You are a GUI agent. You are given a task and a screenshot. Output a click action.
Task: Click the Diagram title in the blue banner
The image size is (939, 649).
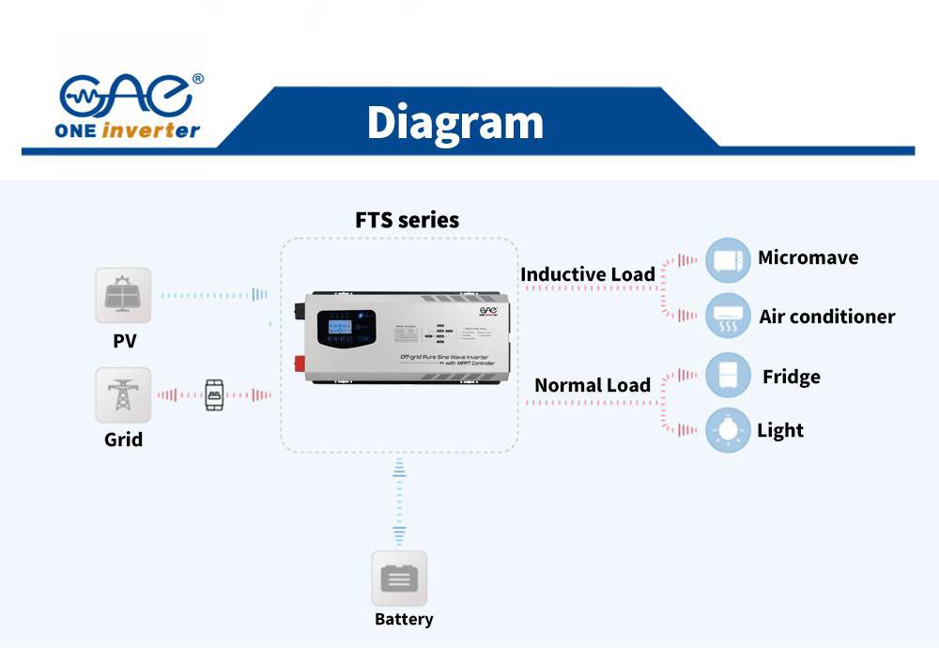(x=454, y=123)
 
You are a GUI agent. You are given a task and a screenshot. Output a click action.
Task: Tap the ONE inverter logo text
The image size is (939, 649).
(x=130, y=131)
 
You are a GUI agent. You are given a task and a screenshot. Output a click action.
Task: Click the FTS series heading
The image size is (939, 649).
(x=407, y=221)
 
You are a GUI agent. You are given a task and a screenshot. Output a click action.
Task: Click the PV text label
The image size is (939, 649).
(x=124, y=341)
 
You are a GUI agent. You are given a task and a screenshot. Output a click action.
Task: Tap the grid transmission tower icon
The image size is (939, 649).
(x=123, y=395)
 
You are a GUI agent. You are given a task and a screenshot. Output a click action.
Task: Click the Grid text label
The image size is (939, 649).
(x=123, y=440)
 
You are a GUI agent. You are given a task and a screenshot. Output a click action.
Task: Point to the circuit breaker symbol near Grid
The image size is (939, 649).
(x=214, y=395)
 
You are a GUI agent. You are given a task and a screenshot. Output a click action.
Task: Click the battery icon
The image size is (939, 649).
(x=399, y=578)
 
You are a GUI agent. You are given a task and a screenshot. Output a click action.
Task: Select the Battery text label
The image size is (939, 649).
(x=404, y=619)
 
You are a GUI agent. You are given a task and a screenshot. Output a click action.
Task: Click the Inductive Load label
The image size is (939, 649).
(x=588, y=274)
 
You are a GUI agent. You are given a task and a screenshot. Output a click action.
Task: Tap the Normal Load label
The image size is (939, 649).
(x=592, y=385)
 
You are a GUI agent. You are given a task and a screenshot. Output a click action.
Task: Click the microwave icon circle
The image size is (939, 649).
(x=728, y=260)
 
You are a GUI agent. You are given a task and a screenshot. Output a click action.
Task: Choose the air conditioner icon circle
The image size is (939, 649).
(x=728, y=316)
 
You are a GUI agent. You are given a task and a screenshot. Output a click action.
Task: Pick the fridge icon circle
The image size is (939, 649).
(x=728, y=376)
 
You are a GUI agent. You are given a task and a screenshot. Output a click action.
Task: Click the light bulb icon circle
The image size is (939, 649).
(x=728, y=430)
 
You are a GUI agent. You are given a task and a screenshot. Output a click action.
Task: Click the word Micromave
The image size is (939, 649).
(x=808, y=257)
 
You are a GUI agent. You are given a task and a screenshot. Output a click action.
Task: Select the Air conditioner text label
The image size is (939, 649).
(x=826, y=317)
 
